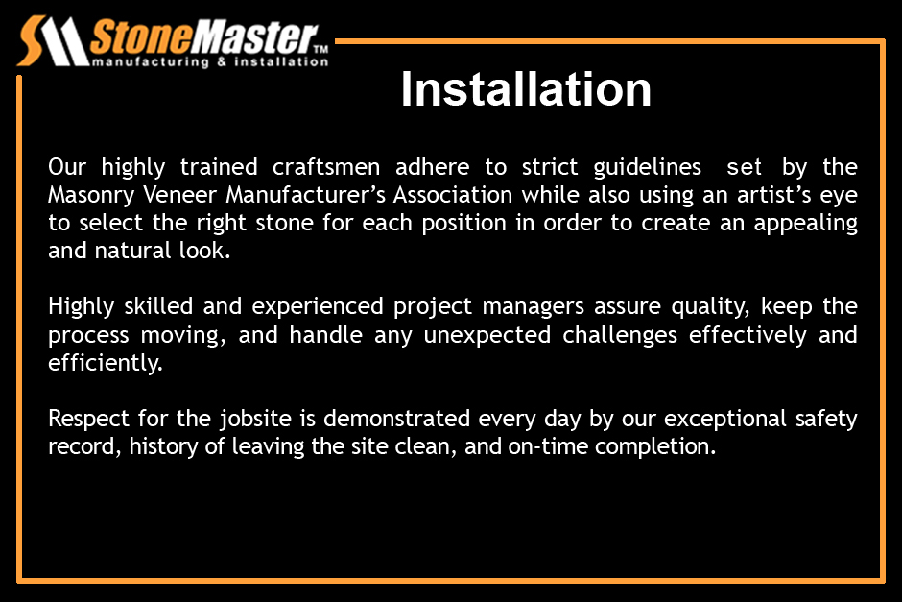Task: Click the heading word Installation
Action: click(x=526, y=89)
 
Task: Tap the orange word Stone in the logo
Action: click(x=140, y=37)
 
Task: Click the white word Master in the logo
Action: click(x=254, y=37)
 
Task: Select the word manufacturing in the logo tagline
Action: click(x=151, y=61)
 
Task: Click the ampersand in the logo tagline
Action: click(x=222, y=61)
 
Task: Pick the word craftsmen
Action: click(x=326, y=167)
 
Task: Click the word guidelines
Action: click(x=647, y=167)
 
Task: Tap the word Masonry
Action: click(x=91, y=196)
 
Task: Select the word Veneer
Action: click(x=179, y=195)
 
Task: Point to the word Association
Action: click(x=453, y=195)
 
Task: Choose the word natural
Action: click(x=132, y=251)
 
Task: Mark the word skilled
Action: click(x=158, y=305)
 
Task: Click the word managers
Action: click(x=534, y=307)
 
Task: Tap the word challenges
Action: click(x=620, y=335)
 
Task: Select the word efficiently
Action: click(x=106, y=363)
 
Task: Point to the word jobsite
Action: click(x=255, y=419)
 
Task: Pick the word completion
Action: click(x=655, y=446)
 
